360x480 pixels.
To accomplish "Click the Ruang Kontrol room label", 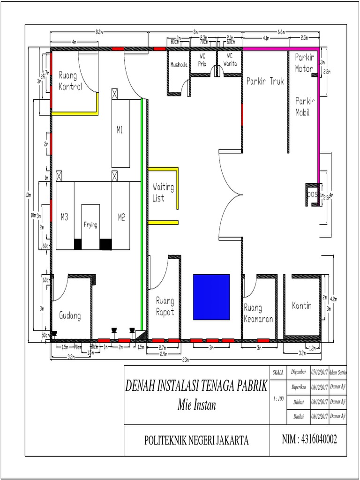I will point(70,81).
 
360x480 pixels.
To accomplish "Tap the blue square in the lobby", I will point(211,297).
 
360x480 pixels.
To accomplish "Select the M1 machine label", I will point(120,131).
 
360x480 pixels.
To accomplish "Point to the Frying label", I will point(90,225).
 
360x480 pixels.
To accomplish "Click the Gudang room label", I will point(70,316).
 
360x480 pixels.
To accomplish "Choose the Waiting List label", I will point(163,193).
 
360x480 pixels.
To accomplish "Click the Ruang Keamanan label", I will point(258,314).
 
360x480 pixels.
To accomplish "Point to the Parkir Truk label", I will point(265,81).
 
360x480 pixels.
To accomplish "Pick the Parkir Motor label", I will point(304,62).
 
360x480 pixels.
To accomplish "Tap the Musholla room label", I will point(179,65).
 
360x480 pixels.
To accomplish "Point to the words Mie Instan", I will point(196,405).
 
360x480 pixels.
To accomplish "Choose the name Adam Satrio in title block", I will point(337,372).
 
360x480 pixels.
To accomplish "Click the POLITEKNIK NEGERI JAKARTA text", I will point(196,440).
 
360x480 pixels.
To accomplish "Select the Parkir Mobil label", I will point(305,106).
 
